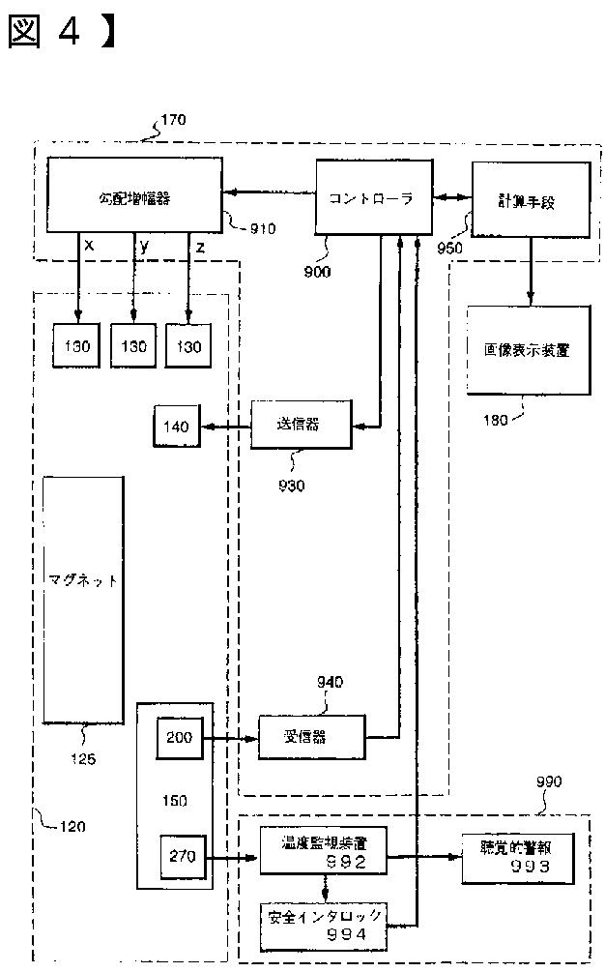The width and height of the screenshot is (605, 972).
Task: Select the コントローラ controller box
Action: click(370, 197)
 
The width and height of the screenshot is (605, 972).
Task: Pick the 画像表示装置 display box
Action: click(527, 349)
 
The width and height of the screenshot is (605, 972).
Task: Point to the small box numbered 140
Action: click(176, 427)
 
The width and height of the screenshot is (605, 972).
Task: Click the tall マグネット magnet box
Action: click(83, 600)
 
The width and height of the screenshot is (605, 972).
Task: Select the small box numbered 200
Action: click(179, 737)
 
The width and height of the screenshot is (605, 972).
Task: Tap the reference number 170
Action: click(174, 121)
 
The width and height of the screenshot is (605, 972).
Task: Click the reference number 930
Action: click(290, 486)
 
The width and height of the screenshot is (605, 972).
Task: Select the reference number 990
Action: click(547, 781)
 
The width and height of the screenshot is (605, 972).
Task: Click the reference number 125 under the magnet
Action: click(84, 759)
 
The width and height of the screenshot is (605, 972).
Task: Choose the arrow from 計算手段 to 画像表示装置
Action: click(530, 270)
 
